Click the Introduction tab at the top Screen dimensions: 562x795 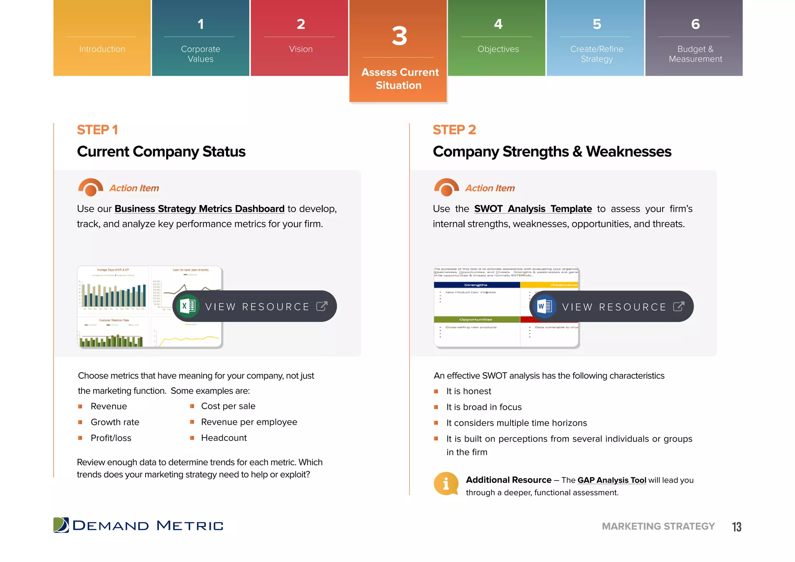tap(102, 49)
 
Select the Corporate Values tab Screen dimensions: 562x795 tap(200, 54)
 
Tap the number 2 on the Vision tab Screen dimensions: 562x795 tap(300, 24)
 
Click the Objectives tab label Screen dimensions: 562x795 tap(498, 49)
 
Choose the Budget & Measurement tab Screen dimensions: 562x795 tap(695, 54)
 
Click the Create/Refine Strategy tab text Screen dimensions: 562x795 tap(596, 54)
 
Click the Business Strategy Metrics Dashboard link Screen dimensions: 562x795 tap(199, 209)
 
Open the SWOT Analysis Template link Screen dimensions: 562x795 tap(533, 209)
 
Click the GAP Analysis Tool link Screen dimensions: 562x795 tap(611, 480)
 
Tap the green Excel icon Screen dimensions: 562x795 tap(188, 306)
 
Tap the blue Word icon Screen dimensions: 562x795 tap(545, 306)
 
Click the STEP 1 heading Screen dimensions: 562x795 tap(97, 130)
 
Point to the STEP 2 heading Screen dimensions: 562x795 tap(454, 130)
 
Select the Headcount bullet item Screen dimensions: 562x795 tap(224, 438)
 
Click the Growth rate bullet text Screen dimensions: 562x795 tap(115, 422)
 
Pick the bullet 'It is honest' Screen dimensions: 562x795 tap(469, 391)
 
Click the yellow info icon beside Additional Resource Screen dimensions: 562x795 tap(446, 484)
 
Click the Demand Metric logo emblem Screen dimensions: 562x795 tap(61, 525)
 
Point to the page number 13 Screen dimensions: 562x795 tap(736, 527)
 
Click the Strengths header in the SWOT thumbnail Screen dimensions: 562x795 tap(476, 285)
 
